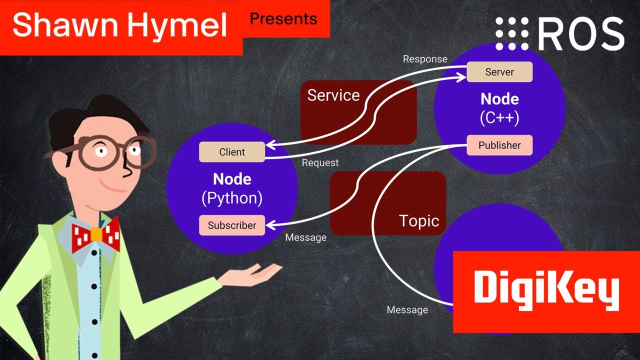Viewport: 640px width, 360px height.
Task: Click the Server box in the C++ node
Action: tap(499, 72)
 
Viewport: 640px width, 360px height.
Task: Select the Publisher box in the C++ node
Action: tap(499, 145)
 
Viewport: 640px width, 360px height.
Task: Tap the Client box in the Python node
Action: tap(232, 152)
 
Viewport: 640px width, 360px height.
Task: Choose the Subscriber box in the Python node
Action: tap(232, 225)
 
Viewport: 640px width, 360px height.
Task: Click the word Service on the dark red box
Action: tap(333, 95)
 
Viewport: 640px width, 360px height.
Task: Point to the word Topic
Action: tap(419, 221)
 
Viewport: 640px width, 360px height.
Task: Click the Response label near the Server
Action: tap(425, 59)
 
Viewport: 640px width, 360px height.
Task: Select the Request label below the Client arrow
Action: tap(320, 163)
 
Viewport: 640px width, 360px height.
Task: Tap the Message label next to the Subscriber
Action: tap(305, 237)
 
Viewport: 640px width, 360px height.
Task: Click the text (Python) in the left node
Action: tap(232, 198)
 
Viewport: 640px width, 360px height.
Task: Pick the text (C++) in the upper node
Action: tap(499, 118)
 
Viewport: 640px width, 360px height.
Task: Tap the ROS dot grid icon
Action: tap(511, 33)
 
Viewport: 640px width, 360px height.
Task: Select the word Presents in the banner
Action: tap(283, 19)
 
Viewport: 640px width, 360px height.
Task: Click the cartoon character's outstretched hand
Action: tap(255, 273)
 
